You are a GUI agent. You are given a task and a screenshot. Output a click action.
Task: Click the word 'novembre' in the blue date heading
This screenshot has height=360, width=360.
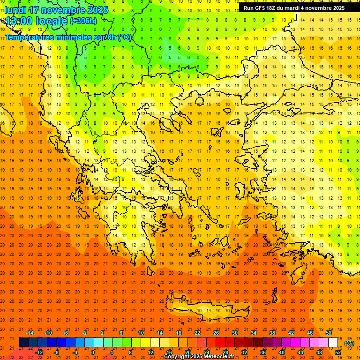point(67,10)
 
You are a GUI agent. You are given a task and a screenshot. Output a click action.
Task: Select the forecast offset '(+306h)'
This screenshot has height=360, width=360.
point(83,21)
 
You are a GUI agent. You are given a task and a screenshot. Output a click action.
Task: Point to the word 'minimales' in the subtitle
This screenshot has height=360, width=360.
point(77,37)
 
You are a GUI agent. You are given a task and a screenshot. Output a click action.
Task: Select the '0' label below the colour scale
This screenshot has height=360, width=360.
point(93,352)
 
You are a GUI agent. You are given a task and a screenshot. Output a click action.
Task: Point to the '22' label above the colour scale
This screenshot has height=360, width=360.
point(197,333)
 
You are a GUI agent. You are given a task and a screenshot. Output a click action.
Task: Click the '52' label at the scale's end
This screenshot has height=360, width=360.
point(338,352)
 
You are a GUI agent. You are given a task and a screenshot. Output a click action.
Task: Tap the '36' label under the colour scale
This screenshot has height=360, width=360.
point(263,352)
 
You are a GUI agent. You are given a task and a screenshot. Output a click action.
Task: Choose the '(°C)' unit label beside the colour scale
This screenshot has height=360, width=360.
point(349,343)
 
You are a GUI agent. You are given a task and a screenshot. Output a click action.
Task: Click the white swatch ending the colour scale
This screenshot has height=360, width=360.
point(333,343)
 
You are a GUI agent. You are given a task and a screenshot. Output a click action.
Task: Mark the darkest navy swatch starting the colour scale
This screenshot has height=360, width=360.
point(23,343)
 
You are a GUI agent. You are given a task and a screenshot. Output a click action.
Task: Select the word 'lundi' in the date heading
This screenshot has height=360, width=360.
point(16,10)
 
